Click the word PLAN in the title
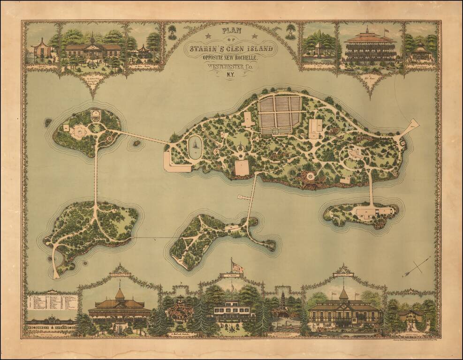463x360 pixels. tap(231, 30)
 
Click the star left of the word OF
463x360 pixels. tap(208, 36)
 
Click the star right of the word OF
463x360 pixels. tap(255, 36)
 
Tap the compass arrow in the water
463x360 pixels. tap(416, 266)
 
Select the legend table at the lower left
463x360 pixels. tap(52, 302)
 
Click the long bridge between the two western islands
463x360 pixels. tap(96, 173)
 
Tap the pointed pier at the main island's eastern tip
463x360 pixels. tap(411, 126)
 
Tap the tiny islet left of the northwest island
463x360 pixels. tap(48, 122)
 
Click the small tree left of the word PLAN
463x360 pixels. tap(172, 31)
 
